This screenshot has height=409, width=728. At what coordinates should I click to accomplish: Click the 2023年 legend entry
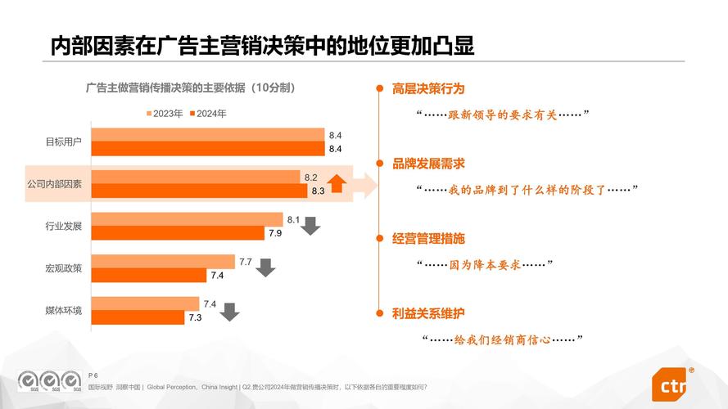[x=165, y=114]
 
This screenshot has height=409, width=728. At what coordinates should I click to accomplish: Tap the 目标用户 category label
[x=63, y=142]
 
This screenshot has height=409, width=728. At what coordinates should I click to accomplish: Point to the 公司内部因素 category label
[x=54, y=184]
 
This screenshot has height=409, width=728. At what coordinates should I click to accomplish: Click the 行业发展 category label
[x=63, y=226]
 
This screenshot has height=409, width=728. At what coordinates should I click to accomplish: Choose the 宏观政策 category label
[x=63, y=267]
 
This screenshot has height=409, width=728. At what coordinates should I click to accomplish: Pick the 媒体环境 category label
[x=63, y=310]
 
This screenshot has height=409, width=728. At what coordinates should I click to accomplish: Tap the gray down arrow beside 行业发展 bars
[x=310, y=226]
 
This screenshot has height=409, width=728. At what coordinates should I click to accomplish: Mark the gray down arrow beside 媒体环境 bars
[x=230, y=311]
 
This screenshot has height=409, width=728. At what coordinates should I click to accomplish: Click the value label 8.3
[x=318, y=191]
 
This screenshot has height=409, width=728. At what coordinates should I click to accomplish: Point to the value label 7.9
[x=275, y=233]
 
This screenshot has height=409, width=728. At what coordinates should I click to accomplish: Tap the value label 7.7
[x=245, y=261]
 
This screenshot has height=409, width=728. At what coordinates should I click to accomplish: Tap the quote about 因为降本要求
[x=486, y=264]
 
